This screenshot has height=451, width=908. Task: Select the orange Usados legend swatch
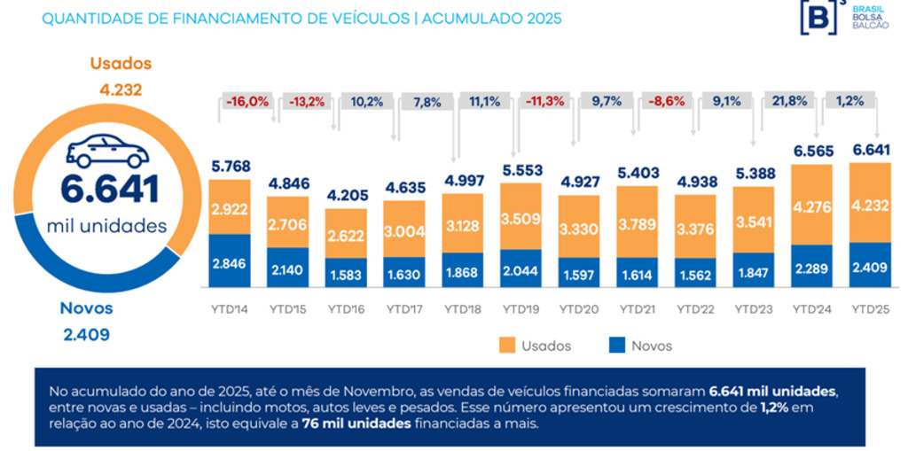click(x=507, y=346)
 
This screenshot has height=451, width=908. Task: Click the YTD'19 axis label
click(x=520, y=310)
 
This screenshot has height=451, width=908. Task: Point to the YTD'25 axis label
click(x=870, y=310)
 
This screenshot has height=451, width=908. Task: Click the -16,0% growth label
click(x=247, y=101)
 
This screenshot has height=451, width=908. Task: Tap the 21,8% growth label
click(x=789, y=101)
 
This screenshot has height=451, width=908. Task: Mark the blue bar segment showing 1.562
click(x=694, y=273)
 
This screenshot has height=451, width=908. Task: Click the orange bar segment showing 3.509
click(x=520, y=216)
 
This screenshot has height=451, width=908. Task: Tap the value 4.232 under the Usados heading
click(x=121, y=89)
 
